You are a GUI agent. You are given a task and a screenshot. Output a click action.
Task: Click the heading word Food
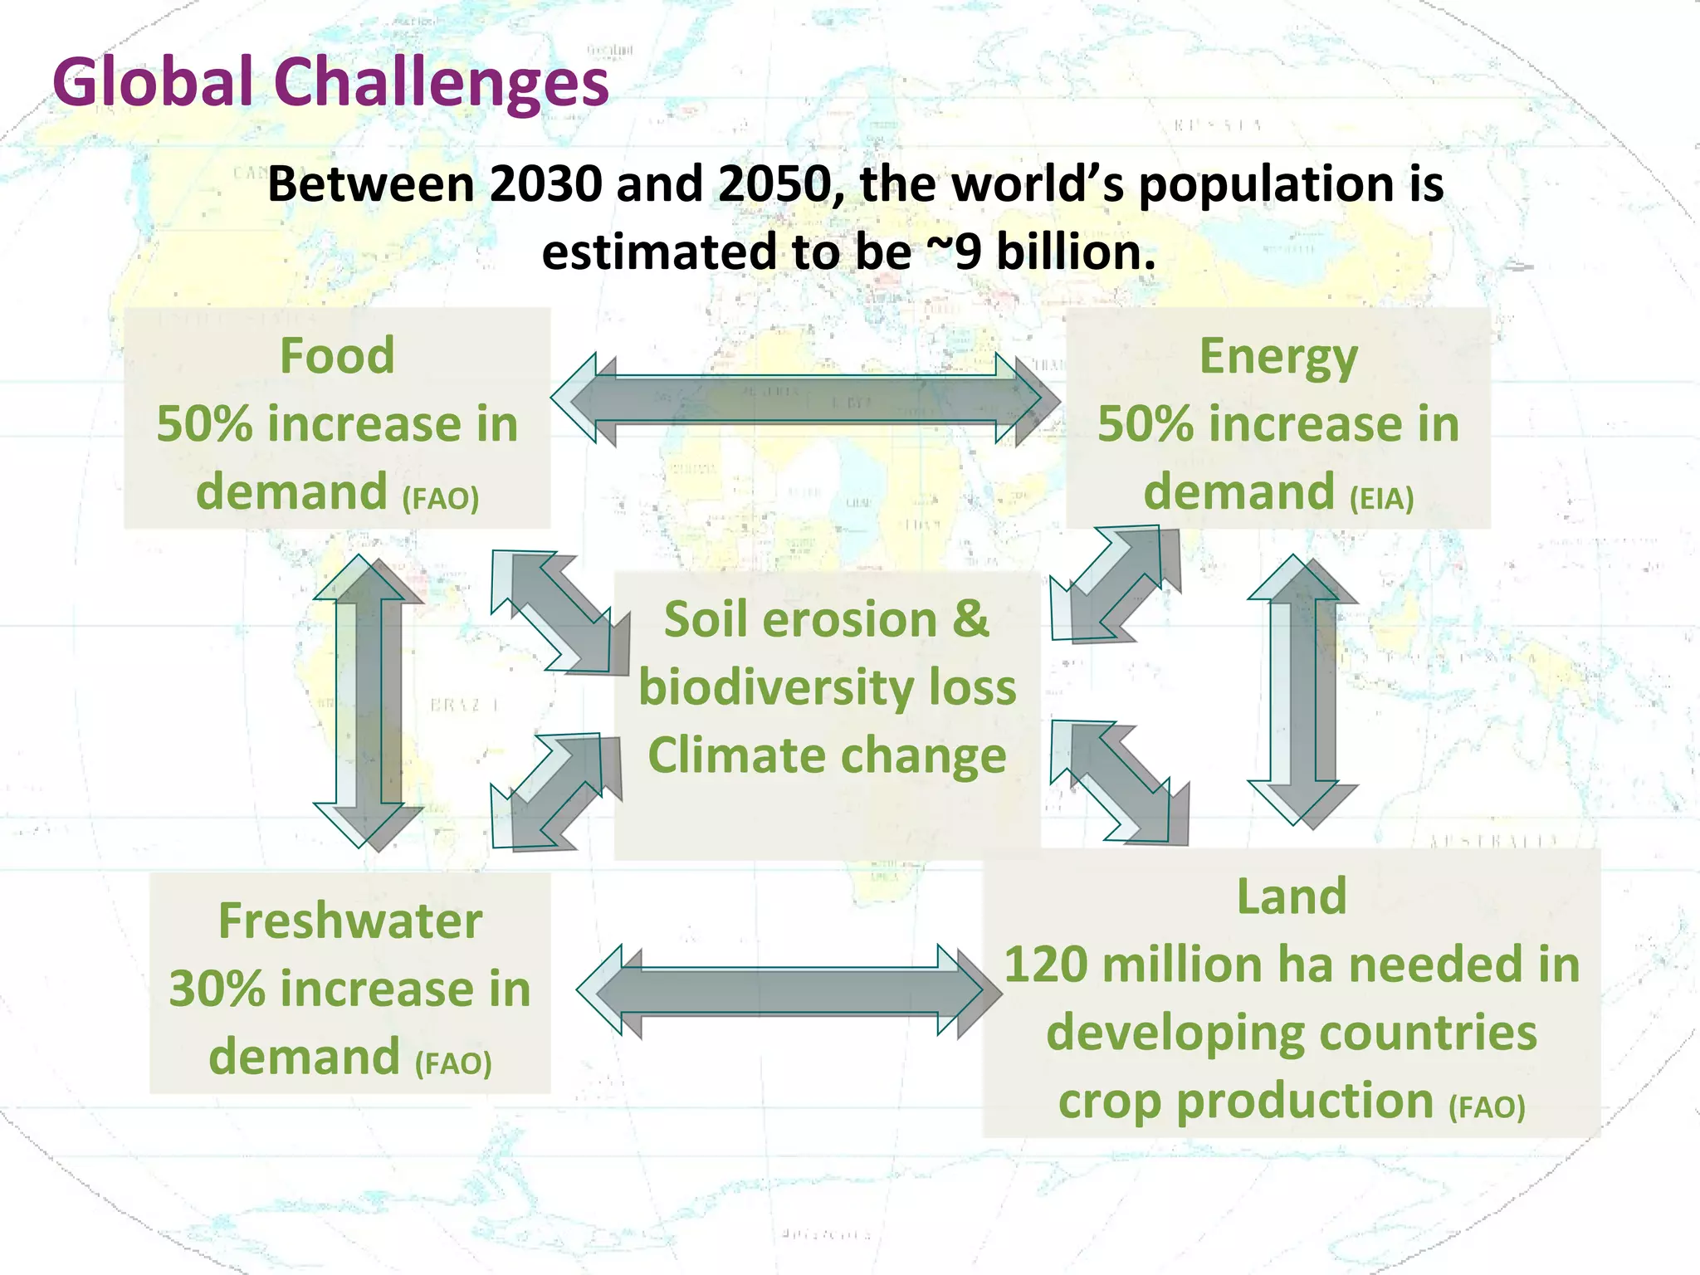point(337,356)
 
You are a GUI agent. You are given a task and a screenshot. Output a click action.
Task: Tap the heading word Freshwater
point(349,921)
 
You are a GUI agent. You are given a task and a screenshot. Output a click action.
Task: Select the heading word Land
point(1292,897)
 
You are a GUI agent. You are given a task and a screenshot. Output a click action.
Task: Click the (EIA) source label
point(1381,499)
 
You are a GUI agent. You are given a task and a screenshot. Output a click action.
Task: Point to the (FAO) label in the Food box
point(441,499)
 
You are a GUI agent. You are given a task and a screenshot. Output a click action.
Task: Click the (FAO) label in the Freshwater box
point(453,1063)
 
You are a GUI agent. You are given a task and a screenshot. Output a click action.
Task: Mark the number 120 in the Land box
point(1046,965)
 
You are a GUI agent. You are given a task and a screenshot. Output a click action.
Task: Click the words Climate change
point(827,755)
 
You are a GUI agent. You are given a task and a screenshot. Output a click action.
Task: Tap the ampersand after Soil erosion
point(970,620)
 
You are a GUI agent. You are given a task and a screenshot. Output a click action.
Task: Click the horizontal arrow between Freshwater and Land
point(789,990)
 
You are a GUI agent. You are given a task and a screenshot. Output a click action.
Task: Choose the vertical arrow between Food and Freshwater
point(369,701)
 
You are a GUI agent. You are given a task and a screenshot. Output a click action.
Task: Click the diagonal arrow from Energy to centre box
point(1116,584)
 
